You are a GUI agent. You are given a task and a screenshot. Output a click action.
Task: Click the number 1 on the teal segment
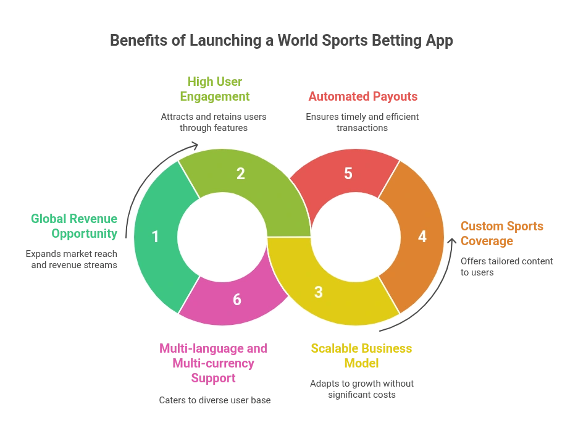coord(155,237)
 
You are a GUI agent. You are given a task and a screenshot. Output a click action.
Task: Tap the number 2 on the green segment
coord(241,174)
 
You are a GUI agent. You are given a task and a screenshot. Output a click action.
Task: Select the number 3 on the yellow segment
coord(318,292)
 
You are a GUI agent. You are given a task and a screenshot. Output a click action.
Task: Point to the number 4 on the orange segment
coord(422,237)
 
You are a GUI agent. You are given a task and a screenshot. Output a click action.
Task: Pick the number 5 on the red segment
coord(348,174)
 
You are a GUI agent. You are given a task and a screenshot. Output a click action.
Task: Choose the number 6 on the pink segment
coord(237,300)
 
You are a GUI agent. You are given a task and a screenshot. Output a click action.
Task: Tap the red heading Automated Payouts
coord(362,97)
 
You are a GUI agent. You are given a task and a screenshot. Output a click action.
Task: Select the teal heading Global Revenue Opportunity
coord(74,226)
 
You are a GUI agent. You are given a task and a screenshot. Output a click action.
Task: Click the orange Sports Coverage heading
coord(501,233)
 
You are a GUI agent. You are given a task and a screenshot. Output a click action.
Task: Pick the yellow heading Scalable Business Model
coord(362,356)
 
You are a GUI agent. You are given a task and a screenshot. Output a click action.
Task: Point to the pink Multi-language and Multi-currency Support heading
coord(213,364)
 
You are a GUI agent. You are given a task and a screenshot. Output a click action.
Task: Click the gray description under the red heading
coord(362,122)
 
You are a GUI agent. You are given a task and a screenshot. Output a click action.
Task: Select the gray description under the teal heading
coord(72,259)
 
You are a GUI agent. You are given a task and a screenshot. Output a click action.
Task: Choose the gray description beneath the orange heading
coord(506,266)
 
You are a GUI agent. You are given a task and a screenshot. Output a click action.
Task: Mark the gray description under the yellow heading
coord(362,389)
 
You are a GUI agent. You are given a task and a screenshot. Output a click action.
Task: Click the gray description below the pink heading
coord(214,400)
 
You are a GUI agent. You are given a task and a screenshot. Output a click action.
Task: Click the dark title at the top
coord(281,41)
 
